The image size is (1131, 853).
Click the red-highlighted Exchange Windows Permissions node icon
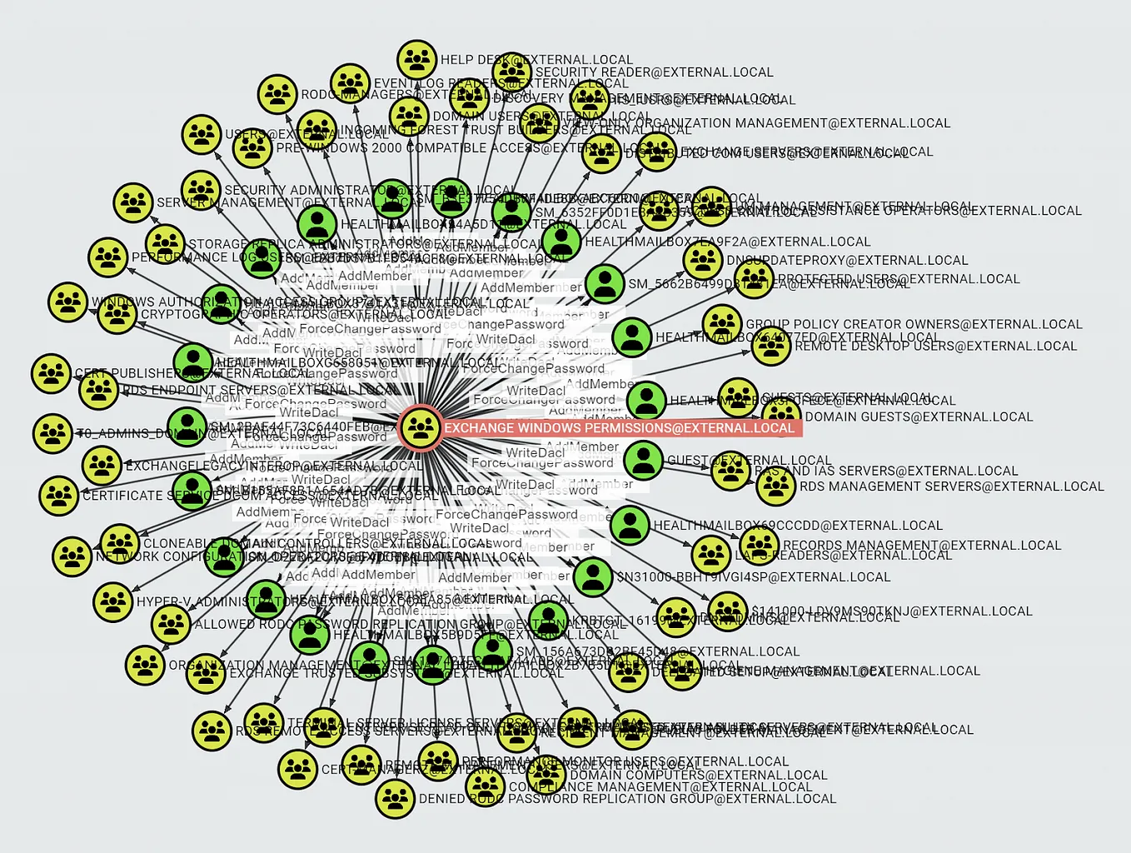click(421, 428)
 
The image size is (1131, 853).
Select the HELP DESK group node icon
click(416, 60)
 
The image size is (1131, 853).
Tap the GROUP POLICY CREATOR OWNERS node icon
click(722, 324)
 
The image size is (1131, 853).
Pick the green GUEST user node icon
click(643, 459)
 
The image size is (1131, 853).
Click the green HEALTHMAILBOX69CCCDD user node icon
click(630, 525)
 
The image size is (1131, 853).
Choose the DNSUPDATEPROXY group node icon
click(703, 260)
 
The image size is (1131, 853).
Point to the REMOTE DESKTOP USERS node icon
click(771, 346)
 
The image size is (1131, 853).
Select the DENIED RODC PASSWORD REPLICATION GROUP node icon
click(395, 798)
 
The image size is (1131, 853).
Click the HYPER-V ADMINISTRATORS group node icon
click(112, 601)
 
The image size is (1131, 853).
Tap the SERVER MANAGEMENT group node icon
click(133, 202)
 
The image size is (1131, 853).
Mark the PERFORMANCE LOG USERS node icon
click(108, 257)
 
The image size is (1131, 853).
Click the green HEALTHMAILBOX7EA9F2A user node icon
click(561, 242)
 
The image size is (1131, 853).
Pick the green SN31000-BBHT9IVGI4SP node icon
click(593, 576)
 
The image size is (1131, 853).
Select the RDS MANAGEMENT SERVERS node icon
click(775, 486)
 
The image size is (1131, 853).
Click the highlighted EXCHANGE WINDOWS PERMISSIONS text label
click(619, 428)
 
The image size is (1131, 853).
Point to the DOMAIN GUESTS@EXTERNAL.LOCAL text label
click(919, 417)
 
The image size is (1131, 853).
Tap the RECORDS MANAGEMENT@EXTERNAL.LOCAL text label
click(922, 546)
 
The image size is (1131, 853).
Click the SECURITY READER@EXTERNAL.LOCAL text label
click(654, 72)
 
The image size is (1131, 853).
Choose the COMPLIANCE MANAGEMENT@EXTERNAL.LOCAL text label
click(660, 786)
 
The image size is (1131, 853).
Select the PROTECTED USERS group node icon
click(754, 279)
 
